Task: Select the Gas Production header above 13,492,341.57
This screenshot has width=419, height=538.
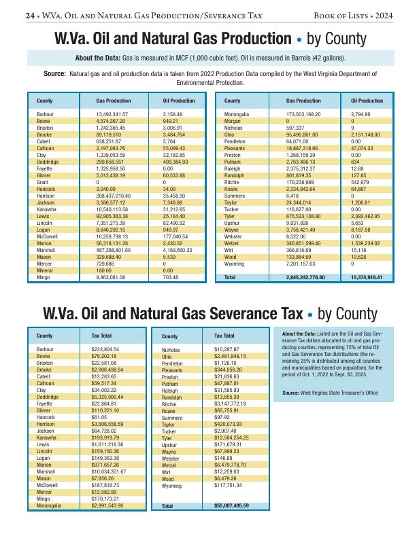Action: coord(114,101)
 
